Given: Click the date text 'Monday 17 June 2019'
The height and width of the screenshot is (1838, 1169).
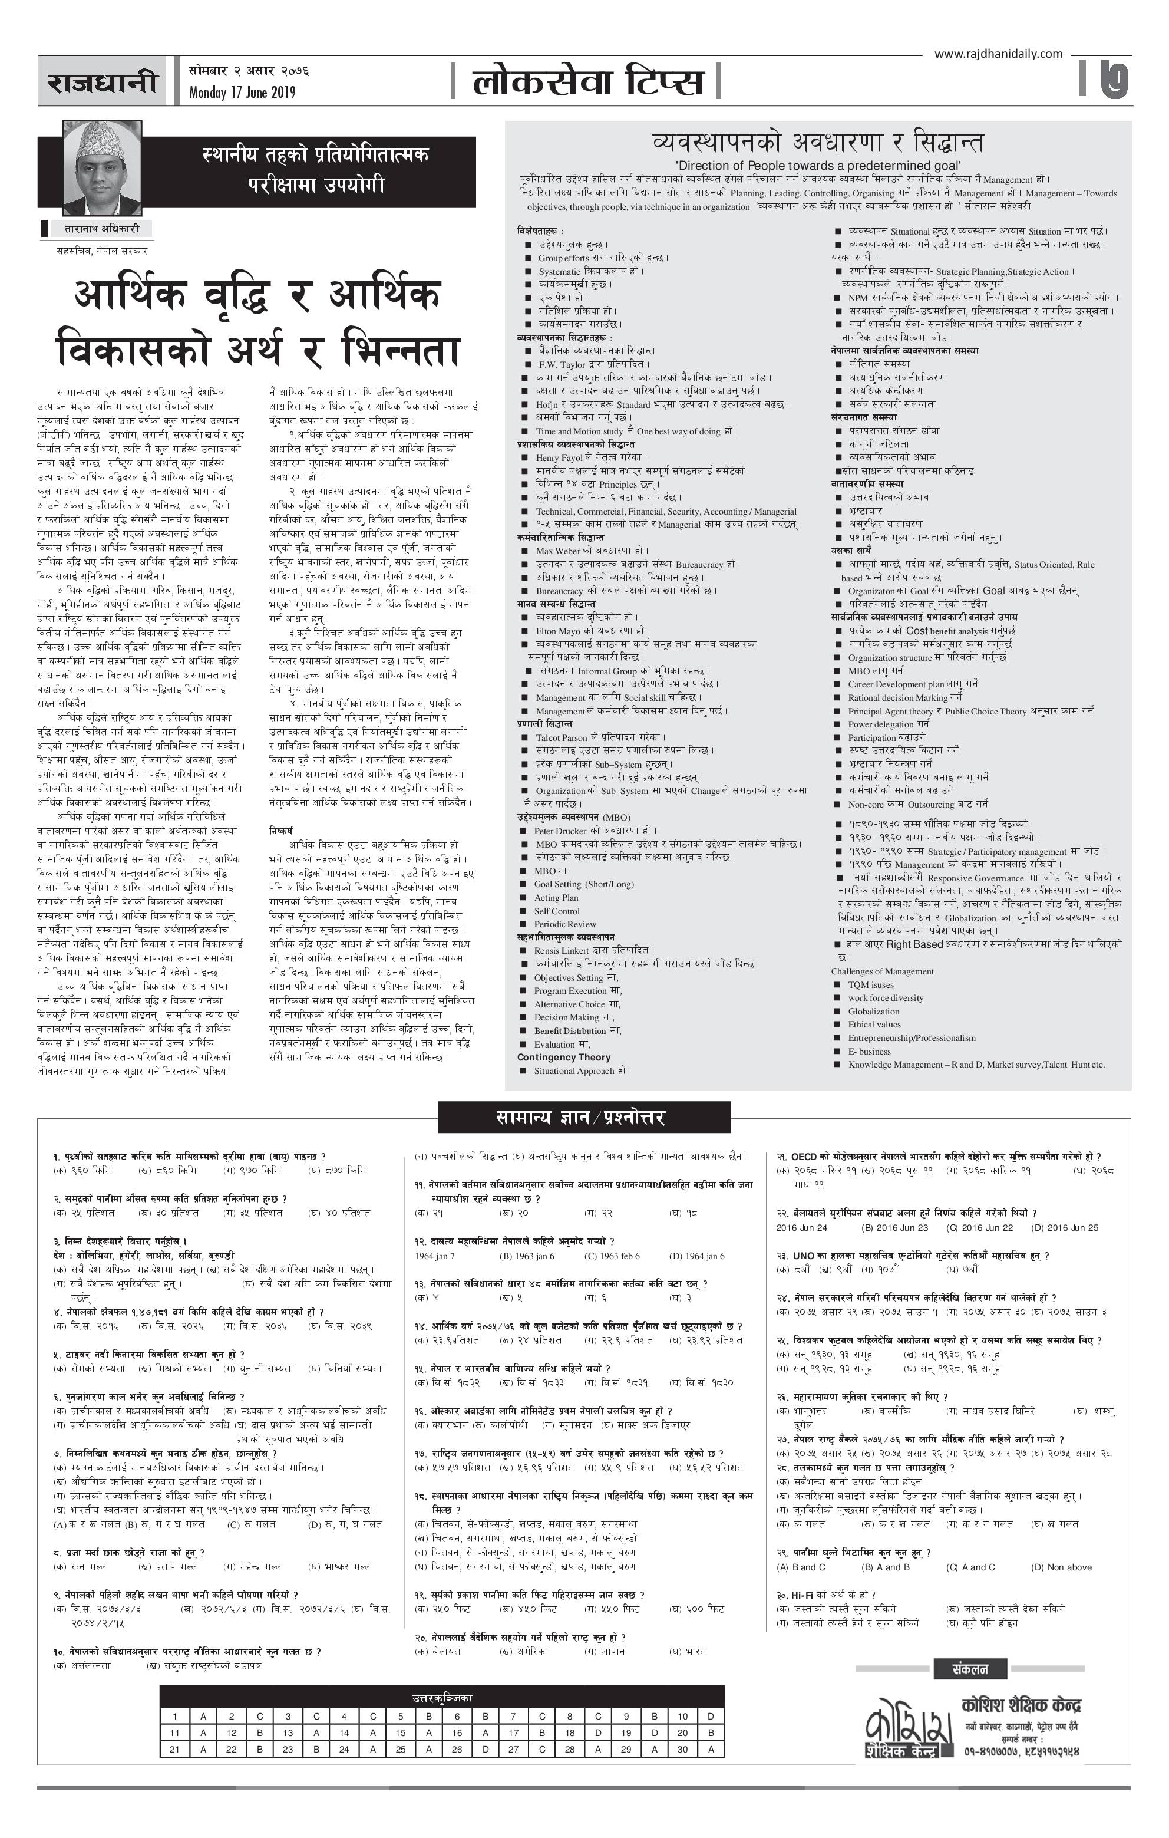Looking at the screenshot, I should pyautogui.click(x=242, y=93).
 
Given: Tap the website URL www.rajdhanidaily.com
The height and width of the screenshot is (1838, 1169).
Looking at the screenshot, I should pyautogui.click(x=998, y=54).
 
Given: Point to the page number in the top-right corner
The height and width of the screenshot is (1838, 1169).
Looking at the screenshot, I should pyautogui.click(x=1115, y=80).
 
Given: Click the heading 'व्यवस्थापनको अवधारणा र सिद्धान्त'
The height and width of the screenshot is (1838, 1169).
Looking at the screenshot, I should pyautogui.click(x=817, y=143).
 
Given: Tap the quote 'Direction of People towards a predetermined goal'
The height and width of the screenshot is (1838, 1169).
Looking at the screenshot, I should pyautogui.click(x=818, y=166).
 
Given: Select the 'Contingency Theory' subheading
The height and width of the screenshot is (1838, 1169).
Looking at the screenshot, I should pyautogui.click(x=564, y=1057).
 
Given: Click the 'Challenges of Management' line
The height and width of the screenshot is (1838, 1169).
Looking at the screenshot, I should pyautogui.click(x=882, y=971).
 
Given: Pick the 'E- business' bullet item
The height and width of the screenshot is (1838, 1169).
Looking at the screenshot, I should pyautogui.click(x=869, y=1051).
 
